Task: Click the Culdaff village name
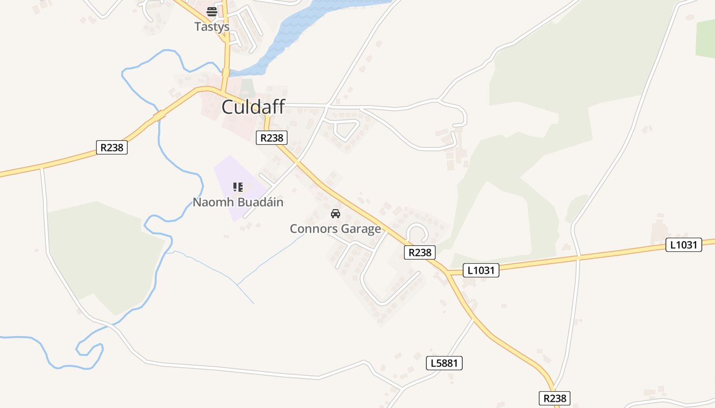253,108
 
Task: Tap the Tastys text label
211,27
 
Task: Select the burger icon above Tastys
212,12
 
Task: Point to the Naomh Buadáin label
238,202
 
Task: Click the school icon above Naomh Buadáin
238,187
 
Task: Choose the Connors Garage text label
336,229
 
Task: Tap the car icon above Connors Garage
336,214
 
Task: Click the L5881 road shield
444,363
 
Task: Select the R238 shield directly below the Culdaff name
272,137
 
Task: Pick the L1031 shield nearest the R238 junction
481,270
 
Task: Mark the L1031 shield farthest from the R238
683,245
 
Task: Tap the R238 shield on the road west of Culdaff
112,147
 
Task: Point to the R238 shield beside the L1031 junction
420,252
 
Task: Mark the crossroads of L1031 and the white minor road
578,258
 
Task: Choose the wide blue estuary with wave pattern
301,25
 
